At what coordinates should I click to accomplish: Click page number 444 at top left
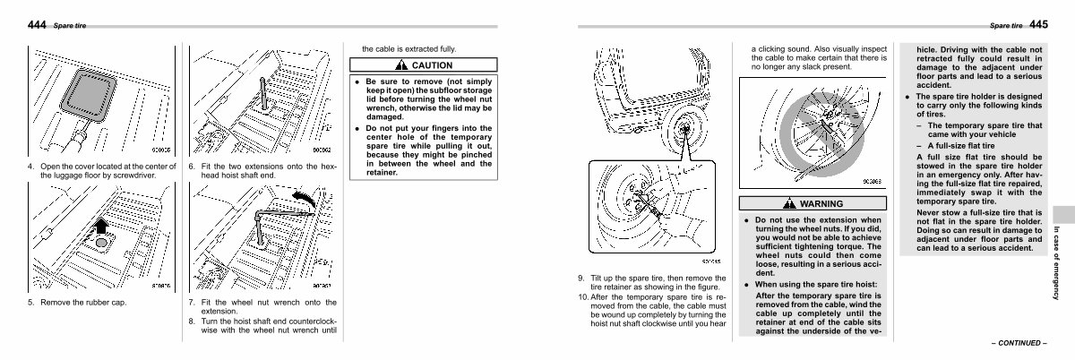[37, 24]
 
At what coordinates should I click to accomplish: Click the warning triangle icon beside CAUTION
[405, 65]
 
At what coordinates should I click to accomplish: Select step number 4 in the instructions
[30, 167]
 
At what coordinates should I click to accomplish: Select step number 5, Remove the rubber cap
[30, 302]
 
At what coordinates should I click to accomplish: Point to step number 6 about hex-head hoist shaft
[192, 167]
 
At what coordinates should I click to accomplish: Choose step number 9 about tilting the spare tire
[581, 279]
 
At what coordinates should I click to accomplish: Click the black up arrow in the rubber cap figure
[100, 224]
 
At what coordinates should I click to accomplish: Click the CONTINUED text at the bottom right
[1019, 343]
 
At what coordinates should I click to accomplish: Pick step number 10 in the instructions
[583, 296]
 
